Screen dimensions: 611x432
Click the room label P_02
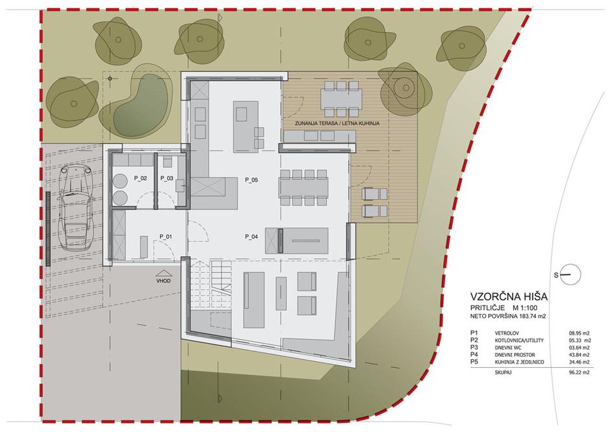coord(141,178)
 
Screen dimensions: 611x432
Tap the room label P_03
coord(167,178)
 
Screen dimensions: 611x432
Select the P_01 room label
coord(166,237)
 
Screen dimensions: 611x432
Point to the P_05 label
coord(252,180)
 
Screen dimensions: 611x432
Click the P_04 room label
coord(251,236)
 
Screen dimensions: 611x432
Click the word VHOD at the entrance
coord(164,281)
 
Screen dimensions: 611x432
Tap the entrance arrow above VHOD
coord(164,274)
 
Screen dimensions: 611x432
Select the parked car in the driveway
coord(74,206)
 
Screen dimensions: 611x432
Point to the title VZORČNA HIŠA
coord(509,296)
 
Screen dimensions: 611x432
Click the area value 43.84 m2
coord(579,355)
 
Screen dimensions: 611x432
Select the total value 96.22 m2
coord(579,372)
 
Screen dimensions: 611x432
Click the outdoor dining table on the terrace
coord(341,99)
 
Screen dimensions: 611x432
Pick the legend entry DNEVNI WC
coord(508,347)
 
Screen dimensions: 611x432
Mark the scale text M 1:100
coord(524,307)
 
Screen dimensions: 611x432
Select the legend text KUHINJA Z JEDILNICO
coord(520,362)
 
